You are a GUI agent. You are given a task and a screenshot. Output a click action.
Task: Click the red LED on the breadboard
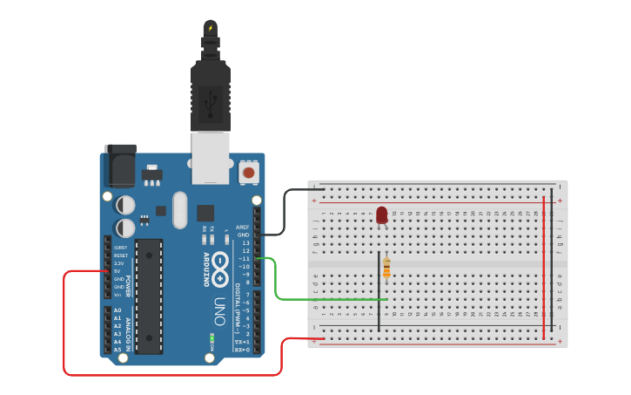381,215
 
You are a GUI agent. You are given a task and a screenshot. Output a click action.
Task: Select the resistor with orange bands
386,269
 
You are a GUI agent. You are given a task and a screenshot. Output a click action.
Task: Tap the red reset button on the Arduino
249,173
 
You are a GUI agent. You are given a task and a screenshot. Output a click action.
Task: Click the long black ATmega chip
149,296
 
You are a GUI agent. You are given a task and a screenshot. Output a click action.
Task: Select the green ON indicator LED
211,337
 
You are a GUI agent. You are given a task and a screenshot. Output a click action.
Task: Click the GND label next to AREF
244,235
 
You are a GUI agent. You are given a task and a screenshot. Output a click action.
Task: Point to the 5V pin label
117,271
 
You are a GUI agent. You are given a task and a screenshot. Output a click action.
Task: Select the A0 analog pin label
117,310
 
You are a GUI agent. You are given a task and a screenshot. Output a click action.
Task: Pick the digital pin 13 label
246,242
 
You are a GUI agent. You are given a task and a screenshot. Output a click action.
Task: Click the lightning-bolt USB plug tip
210,28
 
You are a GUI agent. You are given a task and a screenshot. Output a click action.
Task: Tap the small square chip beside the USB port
205,212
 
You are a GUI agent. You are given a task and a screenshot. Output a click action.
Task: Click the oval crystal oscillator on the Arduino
180,209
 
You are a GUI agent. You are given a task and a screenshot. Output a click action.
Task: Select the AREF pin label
242,227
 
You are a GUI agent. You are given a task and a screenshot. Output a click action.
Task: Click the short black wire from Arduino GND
287,214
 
